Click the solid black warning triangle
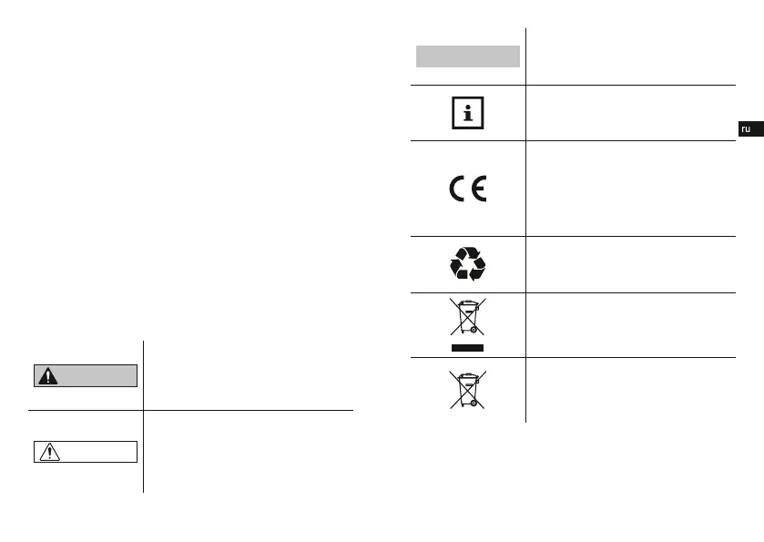(51, 376)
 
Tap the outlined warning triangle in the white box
(51, 452)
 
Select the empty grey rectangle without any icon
(468, 56)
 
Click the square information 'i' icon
(468, 113)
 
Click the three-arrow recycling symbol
(468, 264)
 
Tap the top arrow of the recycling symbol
(468, 253)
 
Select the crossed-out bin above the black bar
(468, 319)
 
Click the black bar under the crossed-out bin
(468, 348)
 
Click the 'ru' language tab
(746, 129)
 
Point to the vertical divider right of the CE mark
(526, 188)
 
